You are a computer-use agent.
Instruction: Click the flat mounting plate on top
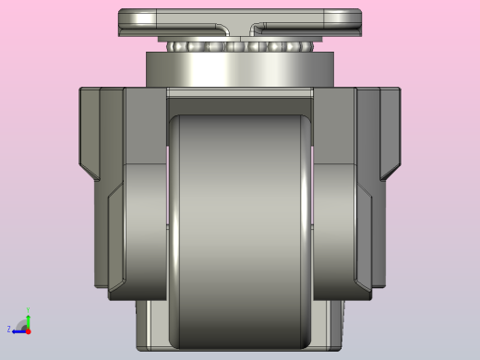coord(185,20)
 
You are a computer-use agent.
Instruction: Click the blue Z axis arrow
coord(19,329)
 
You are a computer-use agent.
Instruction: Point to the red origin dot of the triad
coord(28,330)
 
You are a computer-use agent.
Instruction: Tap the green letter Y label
coord(28,311)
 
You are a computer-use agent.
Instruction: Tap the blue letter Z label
coord(9,329)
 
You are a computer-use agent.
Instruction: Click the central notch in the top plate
coord(239,27)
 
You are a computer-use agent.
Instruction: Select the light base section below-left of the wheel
coord(152,323)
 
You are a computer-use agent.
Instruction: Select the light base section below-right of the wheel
coord(327,323)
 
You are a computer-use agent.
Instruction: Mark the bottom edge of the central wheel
coord(240,347)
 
